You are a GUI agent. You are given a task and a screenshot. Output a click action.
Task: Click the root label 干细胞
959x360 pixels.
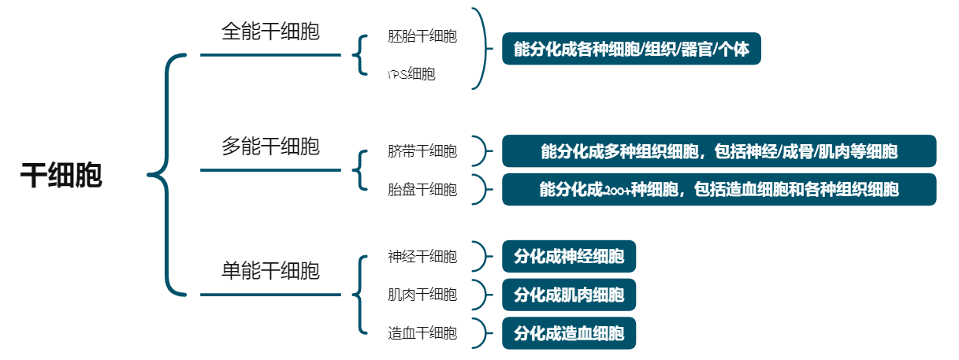click(61, 176)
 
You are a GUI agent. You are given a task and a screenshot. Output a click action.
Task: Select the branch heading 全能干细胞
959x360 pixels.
click(270, 32)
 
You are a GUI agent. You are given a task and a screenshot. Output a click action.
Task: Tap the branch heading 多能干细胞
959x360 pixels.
click(270, 147)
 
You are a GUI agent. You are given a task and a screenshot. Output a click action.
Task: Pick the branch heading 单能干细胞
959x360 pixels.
click(270, 271)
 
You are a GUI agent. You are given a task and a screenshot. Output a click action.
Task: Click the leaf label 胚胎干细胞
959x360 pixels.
click(422, 36)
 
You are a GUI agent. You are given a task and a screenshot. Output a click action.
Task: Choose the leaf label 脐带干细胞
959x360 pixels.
click(422, 151)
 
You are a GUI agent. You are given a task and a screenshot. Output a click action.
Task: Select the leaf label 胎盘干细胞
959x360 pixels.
click(422, 189)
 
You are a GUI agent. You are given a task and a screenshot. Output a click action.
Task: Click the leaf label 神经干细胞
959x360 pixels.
click(422, 257)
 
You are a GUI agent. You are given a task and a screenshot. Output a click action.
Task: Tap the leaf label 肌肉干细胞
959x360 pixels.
click(422, 295)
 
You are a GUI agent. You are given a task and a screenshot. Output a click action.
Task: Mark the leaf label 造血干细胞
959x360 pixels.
click(422, 333)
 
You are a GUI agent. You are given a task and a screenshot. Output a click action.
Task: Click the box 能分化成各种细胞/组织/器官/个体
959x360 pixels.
click(631, 49)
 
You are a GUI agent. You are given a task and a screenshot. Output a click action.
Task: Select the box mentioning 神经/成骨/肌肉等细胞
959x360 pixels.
click(719, 151)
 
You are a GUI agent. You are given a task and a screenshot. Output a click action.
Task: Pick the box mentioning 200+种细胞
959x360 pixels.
click(719, 189)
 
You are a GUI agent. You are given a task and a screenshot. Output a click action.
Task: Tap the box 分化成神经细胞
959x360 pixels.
click(568, 257)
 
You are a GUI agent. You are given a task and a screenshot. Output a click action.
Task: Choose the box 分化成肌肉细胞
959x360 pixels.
click(568, 295)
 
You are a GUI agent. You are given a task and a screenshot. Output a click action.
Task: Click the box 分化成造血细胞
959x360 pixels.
click(568, 333)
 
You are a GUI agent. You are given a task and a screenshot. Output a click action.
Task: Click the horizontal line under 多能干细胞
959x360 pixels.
click(270, 169)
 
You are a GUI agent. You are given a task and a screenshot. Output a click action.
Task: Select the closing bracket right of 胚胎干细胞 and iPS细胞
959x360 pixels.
click(480, 49)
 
